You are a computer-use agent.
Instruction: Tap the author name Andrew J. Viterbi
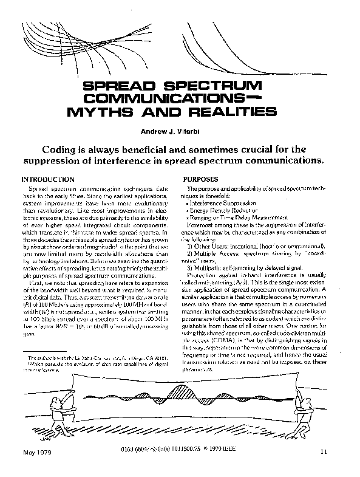180,131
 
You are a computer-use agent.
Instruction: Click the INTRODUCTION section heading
48,180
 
